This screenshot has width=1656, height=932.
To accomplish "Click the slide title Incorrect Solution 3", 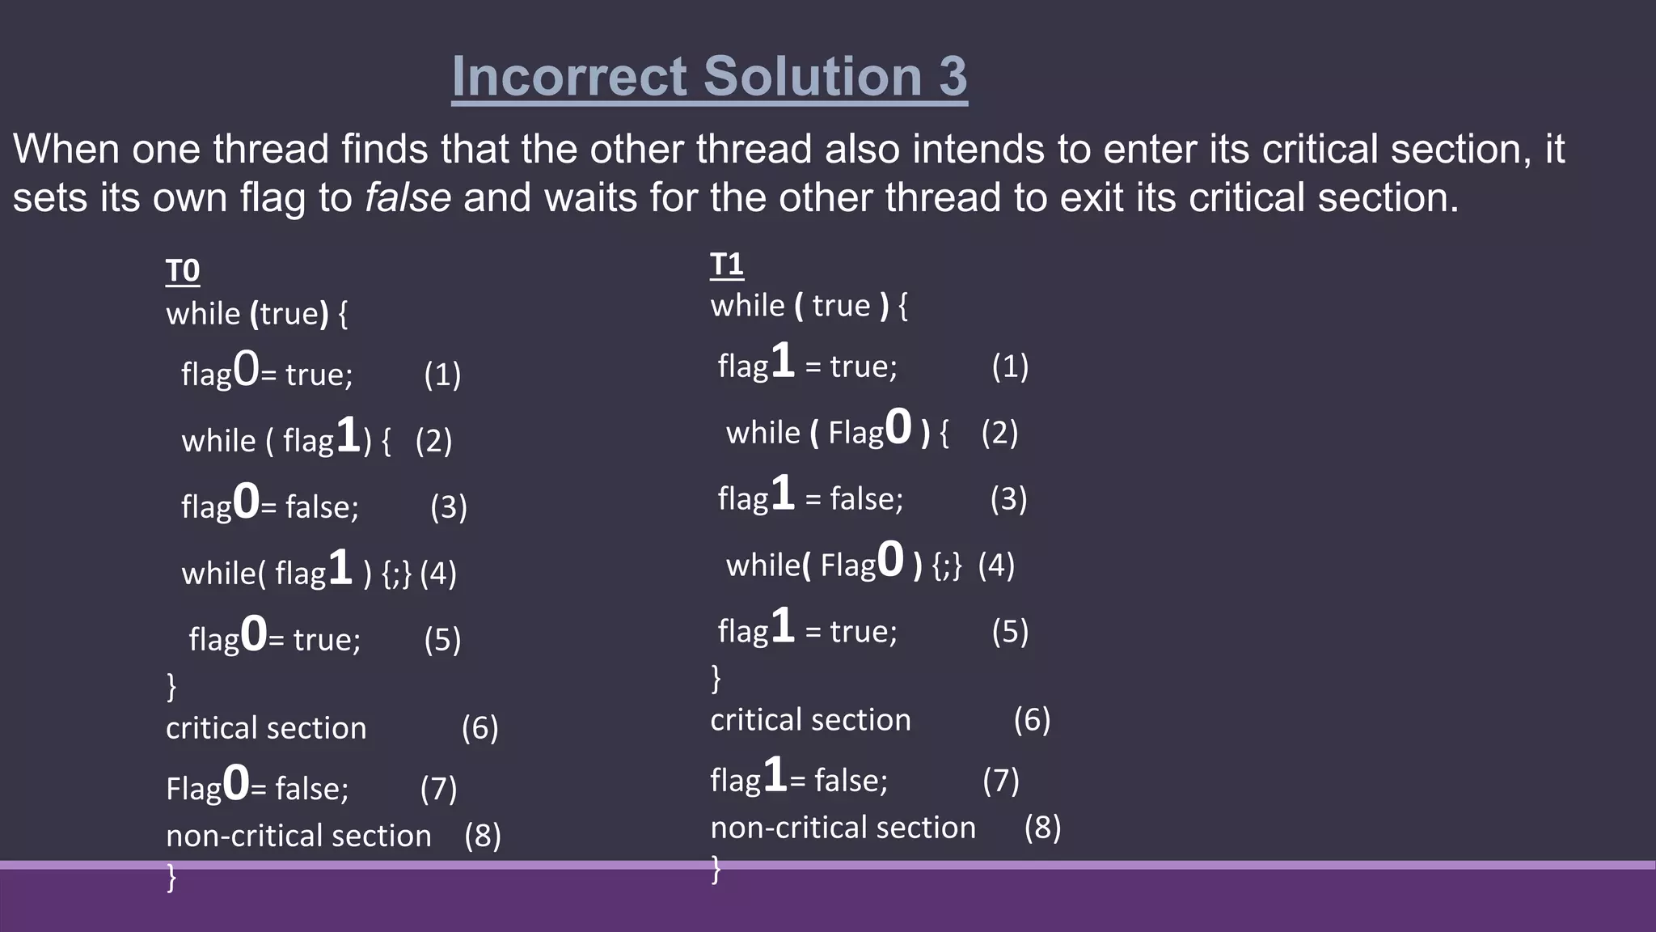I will pyautogui.click(x=709, y=77).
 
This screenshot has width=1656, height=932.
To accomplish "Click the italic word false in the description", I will pyautogui.click(x=408, y=198).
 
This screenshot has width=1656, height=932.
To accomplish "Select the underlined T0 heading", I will pyautogui.click(x=183, y=271).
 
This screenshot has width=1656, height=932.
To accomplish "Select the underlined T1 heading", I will pyautogui.click(x=726, y=265).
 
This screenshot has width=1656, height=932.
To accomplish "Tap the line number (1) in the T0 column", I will pyautogui.click(x=442, y=375).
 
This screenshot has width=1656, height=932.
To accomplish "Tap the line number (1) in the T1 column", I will pyautogui.click(x=1010, y=366).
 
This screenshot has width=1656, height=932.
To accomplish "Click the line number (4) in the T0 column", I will pyautogui.click(x=438, y=574).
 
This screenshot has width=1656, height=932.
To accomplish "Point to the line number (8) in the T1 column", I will pyautogui.click(x=1042, y=828).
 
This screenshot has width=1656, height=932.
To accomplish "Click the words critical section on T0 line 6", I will pyautogui.click(x=266, y=728).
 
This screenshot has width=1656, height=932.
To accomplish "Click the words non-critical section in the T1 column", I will pyautogui.click(x=843, y=828).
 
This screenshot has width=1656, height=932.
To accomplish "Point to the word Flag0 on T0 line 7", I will pyautogui.click(x=207, y=786).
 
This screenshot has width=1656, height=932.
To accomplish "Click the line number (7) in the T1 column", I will pyautogui.click(x=1001, y=781).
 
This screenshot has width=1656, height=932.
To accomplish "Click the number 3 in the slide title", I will pyautogui.click(x=952, y=77).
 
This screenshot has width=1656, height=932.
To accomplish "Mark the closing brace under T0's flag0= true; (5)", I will pyautogui.click(x=171, y=685).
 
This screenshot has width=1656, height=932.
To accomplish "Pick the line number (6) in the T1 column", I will pyautogui.click(x=1032, y=720).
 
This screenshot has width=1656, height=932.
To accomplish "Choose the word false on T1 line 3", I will pyautogui.click(x=865, y=499).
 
